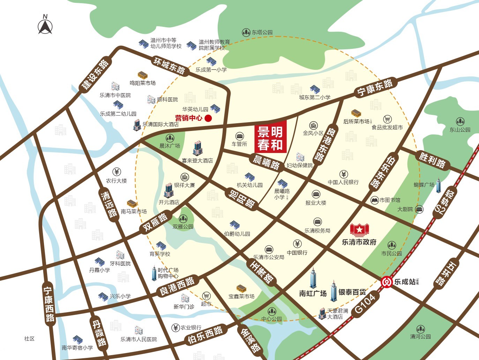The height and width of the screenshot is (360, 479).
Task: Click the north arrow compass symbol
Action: pos(45,25)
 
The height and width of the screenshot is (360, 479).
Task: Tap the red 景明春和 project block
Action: pos(270,137)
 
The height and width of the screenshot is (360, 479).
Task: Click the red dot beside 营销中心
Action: pos(208,118)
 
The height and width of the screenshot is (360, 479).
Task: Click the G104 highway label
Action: pos(365,304)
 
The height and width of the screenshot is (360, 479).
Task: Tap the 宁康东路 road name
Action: pos(375,88)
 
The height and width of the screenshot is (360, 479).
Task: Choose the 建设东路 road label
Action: pos(95,75)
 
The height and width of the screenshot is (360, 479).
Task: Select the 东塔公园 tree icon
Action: pos(246,32)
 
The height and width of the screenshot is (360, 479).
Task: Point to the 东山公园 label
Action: pos(460,130)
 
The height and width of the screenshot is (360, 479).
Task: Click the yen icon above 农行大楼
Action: pos(117,172)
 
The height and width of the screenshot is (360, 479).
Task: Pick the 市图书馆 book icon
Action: pos(375,200)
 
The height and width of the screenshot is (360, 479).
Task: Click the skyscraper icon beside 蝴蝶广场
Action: pos(439,185)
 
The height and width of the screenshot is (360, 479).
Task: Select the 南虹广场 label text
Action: pos(313,293)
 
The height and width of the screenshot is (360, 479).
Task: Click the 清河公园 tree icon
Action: pos(420,329)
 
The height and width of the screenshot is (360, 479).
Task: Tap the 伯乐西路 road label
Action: pos(205,335)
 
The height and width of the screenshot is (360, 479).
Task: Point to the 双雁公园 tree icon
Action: pos(183,219)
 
